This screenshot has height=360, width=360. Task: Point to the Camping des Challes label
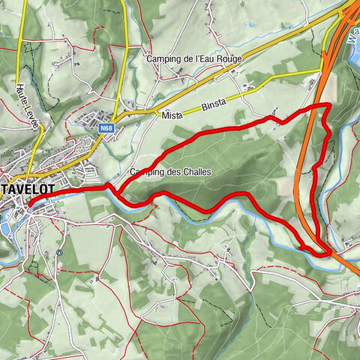[171, 172]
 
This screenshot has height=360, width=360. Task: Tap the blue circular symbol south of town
[58, 252]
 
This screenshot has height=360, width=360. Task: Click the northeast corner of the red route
[329, 106]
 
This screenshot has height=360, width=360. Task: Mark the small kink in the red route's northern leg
[274, 119]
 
